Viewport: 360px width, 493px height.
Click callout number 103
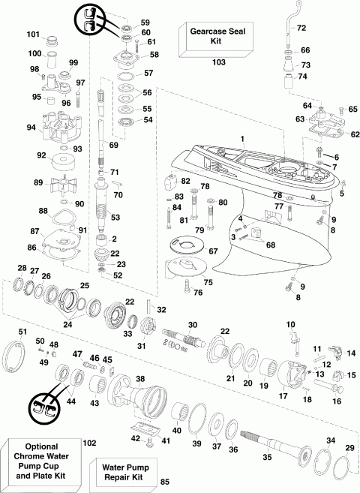click(218, 63)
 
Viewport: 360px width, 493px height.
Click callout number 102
click(90, 443)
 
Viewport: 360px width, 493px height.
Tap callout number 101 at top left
click(32, 35)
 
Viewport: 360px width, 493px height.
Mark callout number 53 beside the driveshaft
click(115, 218)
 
